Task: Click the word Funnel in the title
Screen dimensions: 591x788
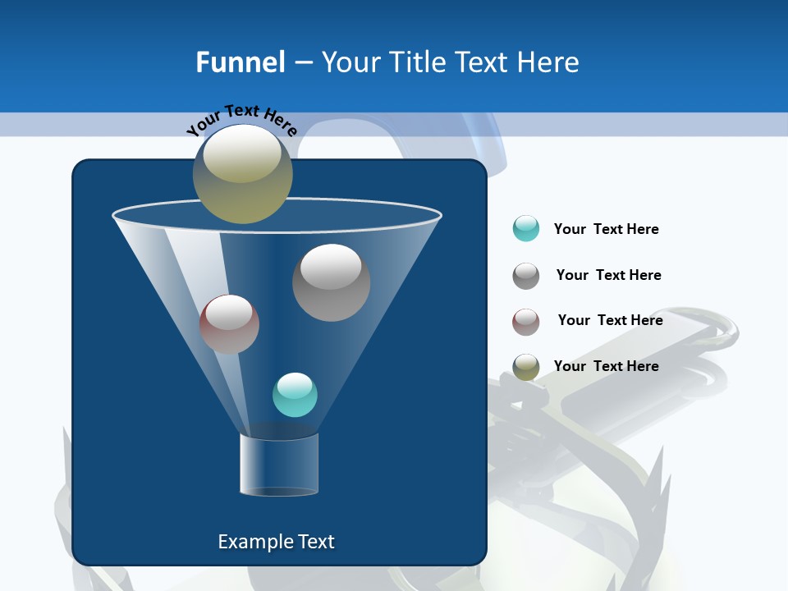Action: pyautogui.click(x=240, y=62)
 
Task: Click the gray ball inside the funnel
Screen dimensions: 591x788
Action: pyautogui.click(x=331, y=283)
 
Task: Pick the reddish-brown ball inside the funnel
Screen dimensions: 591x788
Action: pyautogui.click(x=229, y=324)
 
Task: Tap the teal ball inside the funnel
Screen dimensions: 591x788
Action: pyautogui.click(x=295, y=395)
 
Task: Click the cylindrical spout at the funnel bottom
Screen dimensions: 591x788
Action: pyautogui.click(x=278, y=464)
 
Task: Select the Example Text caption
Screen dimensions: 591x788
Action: pyautogui.click(x=276, y=542)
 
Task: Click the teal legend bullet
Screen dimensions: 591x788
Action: pyautogui.click(x=526, y=228)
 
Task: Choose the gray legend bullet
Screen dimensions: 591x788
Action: pyautogui.click(x=526, y=275)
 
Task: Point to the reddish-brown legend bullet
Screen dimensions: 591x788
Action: pyautogui.click(x=526, y=321)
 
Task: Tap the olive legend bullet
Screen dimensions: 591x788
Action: pyautogui.click(x=526, y=367)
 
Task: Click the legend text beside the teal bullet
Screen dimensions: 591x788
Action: pyautogui.click(x=606, y=229)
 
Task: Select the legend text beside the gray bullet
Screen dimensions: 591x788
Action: pyautogui.click(x=608, y=275)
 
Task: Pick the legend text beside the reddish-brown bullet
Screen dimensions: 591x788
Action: pyautogui.click(x=610, y=320)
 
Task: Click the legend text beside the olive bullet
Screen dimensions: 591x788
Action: pyautogui.click(x=606, y=366)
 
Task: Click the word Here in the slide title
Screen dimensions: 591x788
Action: pyautogui.click(x=549, y=62)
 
